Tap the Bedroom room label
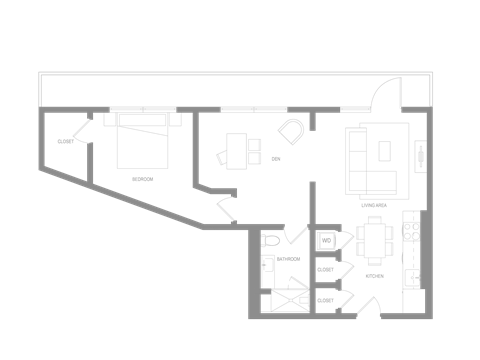(x=143, y=180)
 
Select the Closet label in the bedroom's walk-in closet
(x=65, y=142)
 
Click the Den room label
(x=274, y=158)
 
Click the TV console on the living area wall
(x=421, y=156)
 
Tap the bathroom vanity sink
(x=268, y=265)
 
